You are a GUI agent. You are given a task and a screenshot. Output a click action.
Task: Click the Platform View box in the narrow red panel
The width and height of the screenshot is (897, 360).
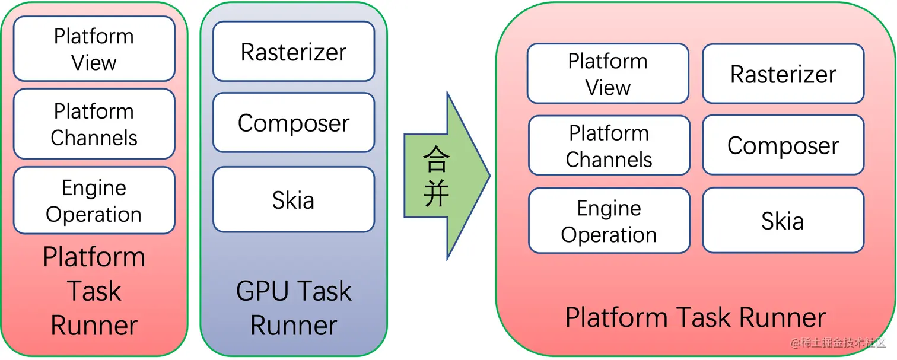click(x=94, y=49)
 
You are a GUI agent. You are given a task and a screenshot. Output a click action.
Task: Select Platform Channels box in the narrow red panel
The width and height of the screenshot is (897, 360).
click(x=94, y=124)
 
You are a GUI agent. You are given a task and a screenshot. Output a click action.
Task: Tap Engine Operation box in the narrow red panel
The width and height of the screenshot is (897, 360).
click(x=94, y=200)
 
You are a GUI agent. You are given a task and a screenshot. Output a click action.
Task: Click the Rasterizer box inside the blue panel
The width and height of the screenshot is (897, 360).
click(x=293, y=52)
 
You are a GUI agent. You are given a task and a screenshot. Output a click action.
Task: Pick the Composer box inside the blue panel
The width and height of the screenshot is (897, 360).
click(x=293, y=123)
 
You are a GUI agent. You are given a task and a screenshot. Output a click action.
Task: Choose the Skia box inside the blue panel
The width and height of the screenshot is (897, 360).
click(x=293, y=200)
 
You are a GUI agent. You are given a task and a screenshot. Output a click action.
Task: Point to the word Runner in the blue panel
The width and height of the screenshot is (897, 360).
click(x=294, y=325)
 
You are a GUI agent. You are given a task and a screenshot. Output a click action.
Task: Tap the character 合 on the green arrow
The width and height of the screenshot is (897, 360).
click(x=437, y=158)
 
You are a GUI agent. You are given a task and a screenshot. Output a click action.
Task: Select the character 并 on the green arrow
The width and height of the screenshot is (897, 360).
click(x=437, y=193)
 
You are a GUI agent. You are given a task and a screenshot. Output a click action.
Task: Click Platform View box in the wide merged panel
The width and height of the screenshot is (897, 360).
click(x=607, y=74)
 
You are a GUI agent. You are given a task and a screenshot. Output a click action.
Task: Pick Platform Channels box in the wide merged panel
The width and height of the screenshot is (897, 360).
click(x=609, y=146)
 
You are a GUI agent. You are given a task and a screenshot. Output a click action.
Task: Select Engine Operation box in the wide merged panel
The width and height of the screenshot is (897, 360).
click(x=609, y=221)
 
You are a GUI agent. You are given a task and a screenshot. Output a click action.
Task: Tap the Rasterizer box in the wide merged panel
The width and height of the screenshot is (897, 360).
click(x=783, y=74)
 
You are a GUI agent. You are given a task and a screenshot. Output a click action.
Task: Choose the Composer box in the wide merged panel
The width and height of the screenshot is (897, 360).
click(x=783, y=145)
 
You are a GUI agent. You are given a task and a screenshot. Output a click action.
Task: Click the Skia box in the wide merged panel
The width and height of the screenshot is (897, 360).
click(x=783, y=221)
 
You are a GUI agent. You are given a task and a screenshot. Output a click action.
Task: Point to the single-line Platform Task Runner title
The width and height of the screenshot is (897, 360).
click(x=695, y=317)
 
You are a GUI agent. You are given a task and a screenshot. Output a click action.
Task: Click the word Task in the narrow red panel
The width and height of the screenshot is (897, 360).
click(x=94, y=291)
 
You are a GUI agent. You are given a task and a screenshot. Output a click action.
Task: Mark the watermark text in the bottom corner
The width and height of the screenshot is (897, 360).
click(x=836, y=343)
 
